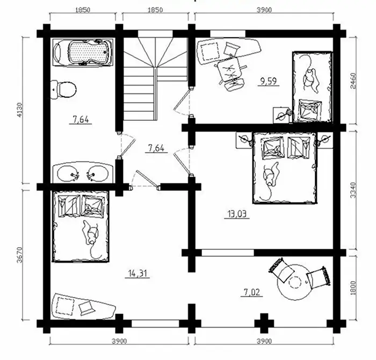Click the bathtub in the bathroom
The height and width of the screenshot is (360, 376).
(83, 52)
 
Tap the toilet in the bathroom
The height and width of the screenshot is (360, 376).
(63, 90)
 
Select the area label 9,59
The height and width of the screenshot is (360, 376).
(269, 81)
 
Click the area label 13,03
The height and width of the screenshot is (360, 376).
(237, 214)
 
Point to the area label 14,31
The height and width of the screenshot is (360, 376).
(138, 273)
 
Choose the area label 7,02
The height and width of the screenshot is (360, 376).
(251, 292)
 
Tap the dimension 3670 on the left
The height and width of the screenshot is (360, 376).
(20, 255)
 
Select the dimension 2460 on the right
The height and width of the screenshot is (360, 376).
(353, 81)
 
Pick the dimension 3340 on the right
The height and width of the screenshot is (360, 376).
(353, 190)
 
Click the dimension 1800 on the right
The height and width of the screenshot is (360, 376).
(353, 288)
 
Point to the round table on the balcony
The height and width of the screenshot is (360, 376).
(294, 282)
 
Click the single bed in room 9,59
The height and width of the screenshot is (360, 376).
(312, 87)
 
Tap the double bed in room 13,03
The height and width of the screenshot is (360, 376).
(285, 168)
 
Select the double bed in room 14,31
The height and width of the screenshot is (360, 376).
(81, 226)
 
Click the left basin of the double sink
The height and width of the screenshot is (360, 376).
(68, 173)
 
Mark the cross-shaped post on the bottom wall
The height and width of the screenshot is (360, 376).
(264, 323)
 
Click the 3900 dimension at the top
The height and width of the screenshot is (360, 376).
(264, 10)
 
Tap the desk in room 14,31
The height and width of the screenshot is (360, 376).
(83, 306)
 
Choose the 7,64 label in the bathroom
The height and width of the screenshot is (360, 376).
(81, 120)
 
